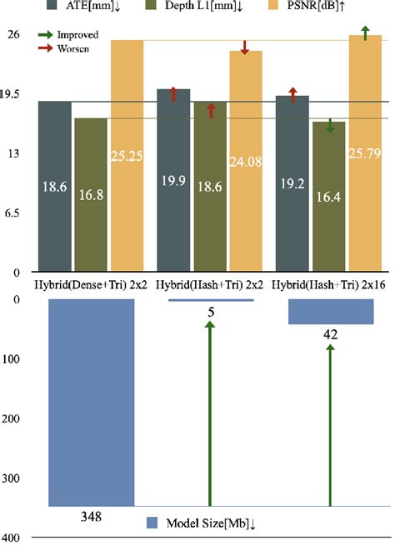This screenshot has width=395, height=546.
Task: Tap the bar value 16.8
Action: (x=90, y=194)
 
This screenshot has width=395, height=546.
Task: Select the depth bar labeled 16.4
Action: (x=328, y=196)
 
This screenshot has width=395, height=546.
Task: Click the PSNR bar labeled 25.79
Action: (x=365, y=154)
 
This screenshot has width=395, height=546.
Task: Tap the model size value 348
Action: (x=91, y=517)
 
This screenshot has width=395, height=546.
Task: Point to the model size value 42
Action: (x=330, y=333)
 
